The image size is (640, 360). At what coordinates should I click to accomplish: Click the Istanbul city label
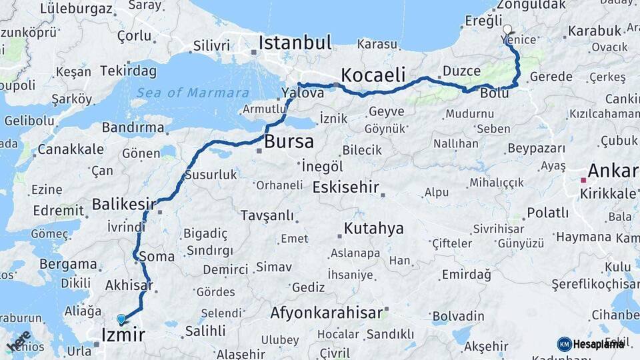295,43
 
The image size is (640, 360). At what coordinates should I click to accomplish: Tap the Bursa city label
289,141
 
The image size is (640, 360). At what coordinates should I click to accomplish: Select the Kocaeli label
373,75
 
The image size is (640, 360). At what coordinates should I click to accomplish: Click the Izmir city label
123,334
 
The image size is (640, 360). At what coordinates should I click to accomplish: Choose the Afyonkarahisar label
326,312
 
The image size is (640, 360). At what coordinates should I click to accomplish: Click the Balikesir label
123,204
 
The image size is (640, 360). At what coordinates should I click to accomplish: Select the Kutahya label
373,229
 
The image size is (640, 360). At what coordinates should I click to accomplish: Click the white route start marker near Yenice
507,29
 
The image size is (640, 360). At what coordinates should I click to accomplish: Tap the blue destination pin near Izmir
121,319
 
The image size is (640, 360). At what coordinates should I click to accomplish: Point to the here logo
18,341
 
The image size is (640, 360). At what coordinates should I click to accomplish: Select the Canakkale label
70,149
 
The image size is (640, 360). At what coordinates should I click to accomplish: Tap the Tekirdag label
129,71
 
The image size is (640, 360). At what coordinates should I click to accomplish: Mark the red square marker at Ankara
583,180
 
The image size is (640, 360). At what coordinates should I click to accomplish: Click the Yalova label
303,93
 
